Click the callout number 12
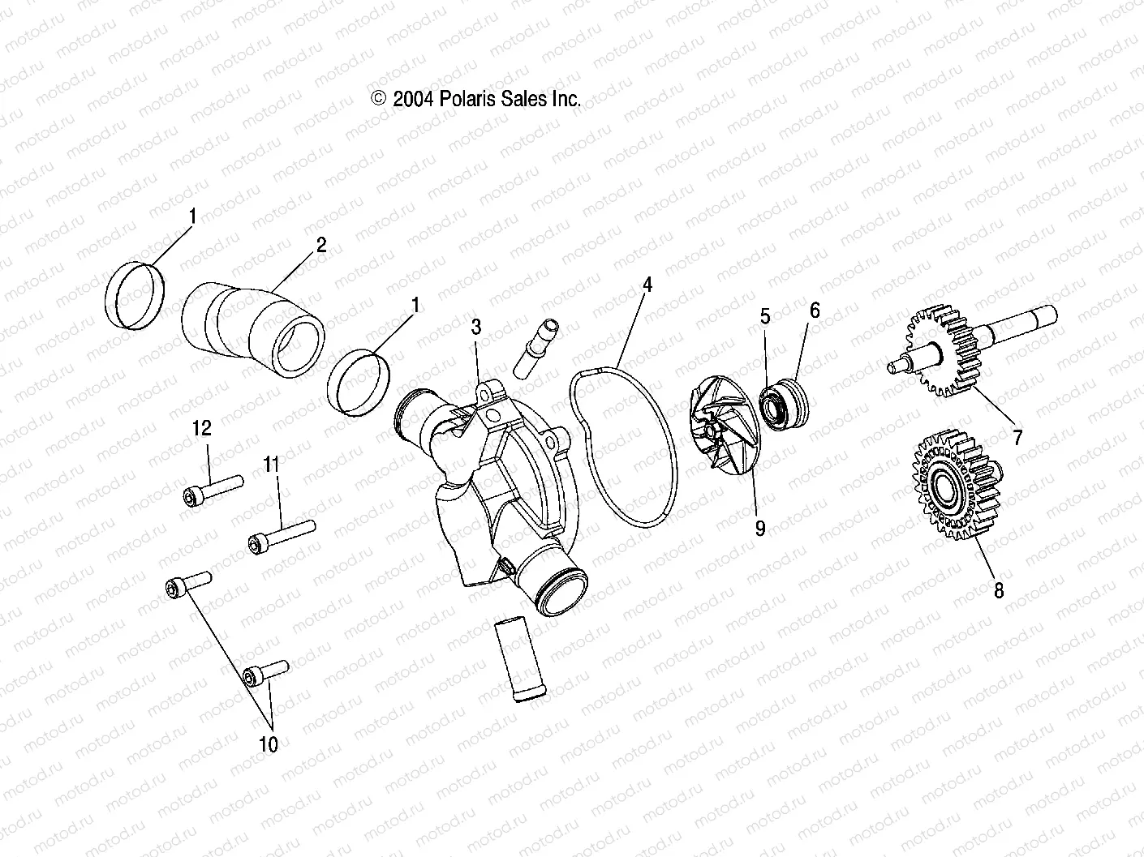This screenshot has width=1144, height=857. click(x=201, y=428)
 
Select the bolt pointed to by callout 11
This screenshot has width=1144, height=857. click(x=282, y=534)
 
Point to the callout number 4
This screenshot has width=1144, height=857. click(x=647, y=285)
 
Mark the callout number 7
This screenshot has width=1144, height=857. click(x=1017, y=438)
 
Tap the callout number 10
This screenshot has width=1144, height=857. click(x=268, y=743)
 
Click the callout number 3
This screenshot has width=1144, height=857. click(x=476, y=328)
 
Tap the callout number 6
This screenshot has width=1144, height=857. click(x=815, y=310)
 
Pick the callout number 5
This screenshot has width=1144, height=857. click(x=765, y=316)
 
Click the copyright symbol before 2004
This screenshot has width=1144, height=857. click(x=378, y=99)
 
